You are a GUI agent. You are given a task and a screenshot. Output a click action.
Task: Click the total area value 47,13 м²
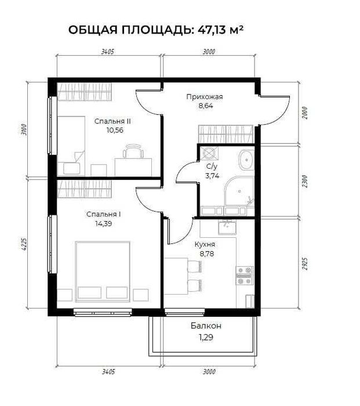pos(220,30)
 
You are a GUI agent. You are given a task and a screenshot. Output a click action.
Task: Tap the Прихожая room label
pos(205,97)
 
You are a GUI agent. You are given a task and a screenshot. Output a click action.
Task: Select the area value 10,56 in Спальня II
pos(115,130)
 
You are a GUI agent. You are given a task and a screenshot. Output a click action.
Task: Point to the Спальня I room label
pos(104,215)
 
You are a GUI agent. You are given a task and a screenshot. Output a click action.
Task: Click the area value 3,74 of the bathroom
pos(212,176)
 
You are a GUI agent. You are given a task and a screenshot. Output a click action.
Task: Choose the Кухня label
pos(205,244)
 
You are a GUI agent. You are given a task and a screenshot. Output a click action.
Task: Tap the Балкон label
pos(206,326)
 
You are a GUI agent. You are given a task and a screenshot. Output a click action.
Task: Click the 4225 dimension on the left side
pos(24,244)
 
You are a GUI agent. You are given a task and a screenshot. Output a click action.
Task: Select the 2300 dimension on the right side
pos(306,181)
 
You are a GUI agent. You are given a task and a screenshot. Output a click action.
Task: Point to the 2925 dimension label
pos(306,263)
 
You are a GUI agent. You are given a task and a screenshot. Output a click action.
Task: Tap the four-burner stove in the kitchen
pos(244,275)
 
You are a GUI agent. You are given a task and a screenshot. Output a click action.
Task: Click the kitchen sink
pos(227,227)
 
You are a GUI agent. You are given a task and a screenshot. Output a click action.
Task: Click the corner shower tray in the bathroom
pos(239,192)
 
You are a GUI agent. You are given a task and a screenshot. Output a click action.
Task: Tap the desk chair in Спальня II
pos(133,152)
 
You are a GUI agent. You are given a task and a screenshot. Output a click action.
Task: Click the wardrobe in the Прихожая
pos(226,133)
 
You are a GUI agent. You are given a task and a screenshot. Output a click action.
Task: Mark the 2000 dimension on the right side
pos(306,113)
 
